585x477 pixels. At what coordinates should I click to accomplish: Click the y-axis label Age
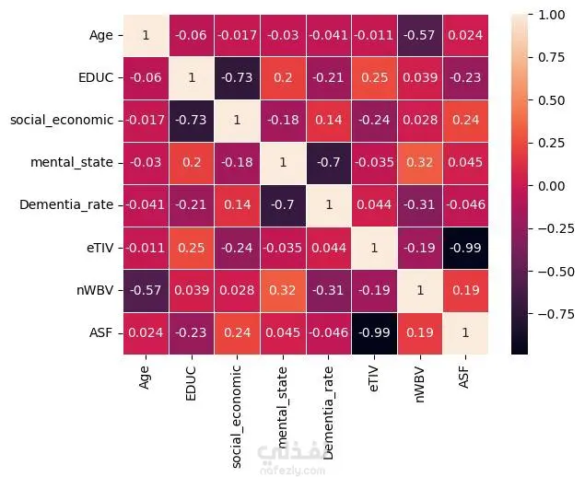tap(100, 36)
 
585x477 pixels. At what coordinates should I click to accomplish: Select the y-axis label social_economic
tap(62, 121)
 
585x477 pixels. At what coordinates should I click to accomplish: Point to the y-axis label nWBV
tap(95, 290)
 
